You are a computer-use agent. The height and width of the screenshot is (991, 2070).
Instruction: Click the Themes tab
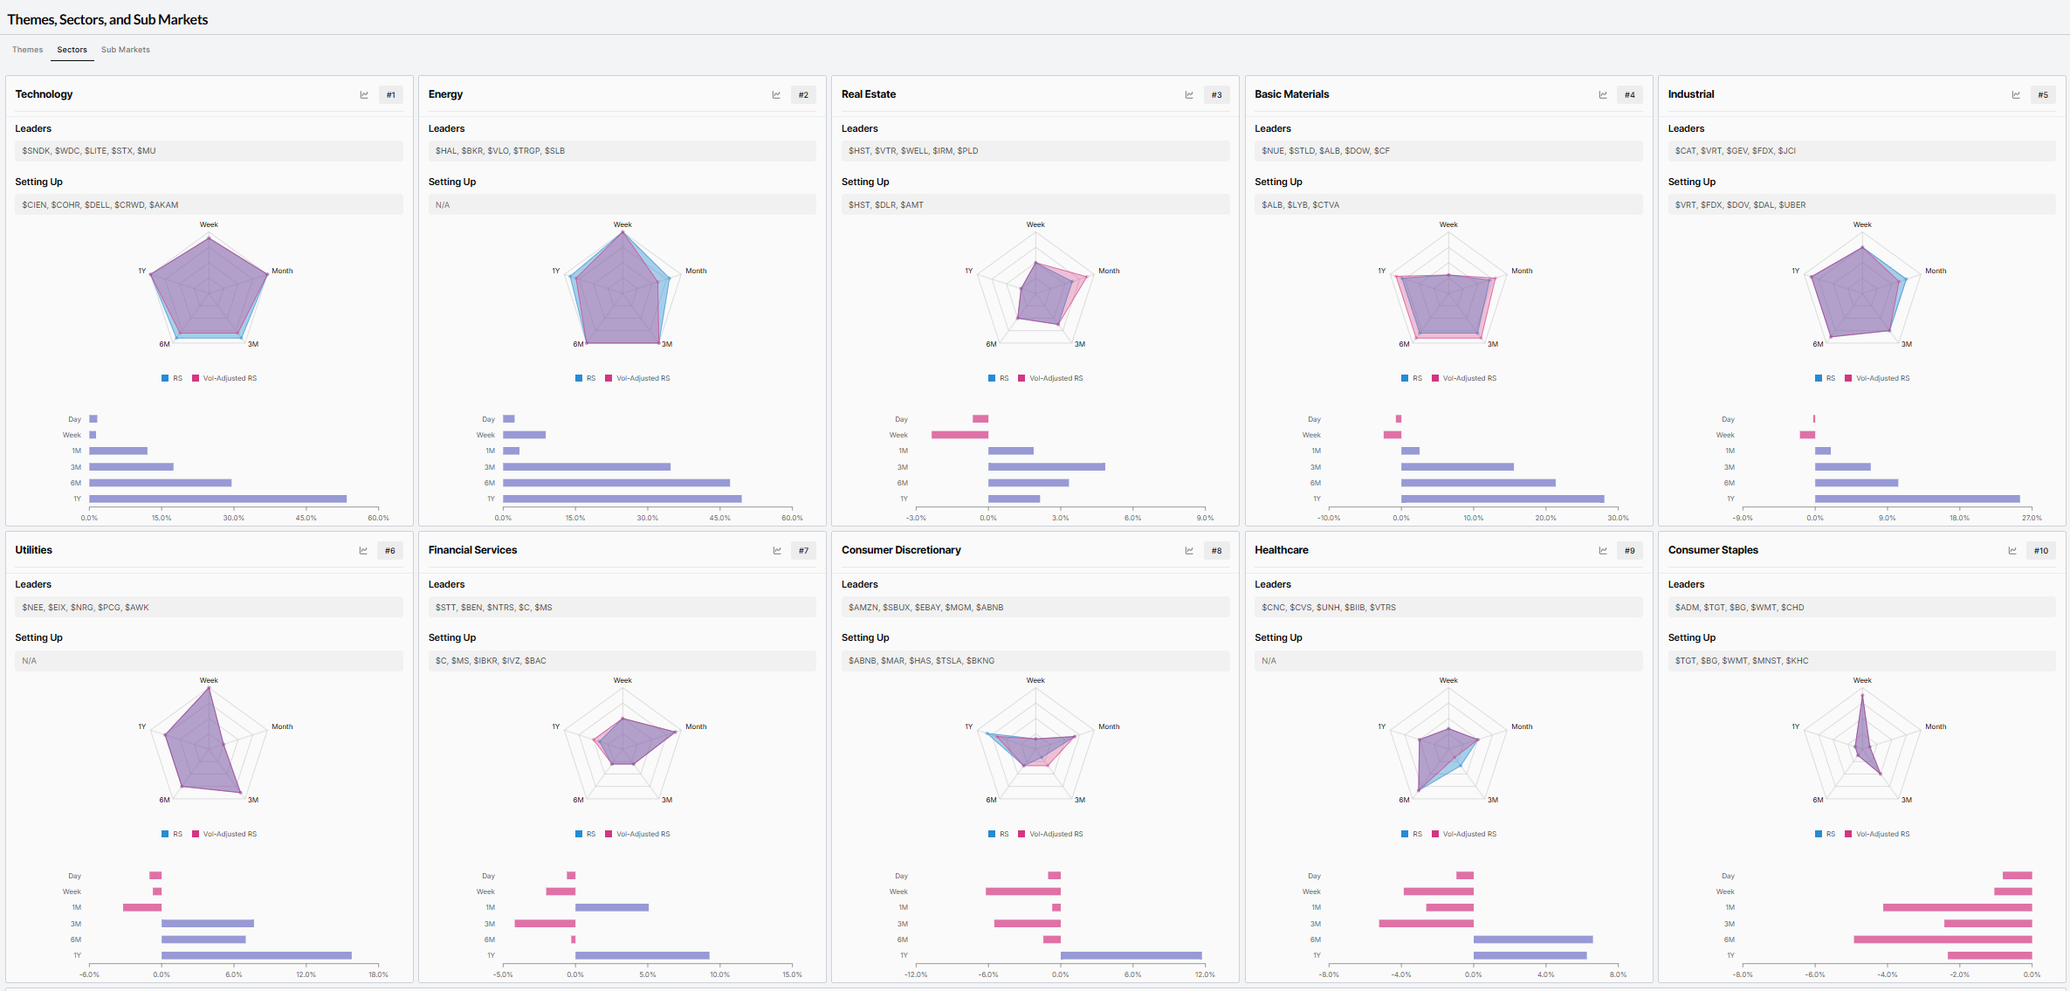tap(27, 50)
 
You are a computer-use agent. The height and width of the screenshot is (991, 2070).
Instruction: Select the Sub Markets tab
tap(126, 50)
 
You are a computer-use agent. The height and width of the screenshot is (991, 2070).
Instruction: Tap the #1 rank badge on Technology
tap(391, 95)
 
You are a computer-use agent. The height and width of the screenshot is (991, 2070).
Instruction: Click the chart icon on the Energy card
tap(776, 95)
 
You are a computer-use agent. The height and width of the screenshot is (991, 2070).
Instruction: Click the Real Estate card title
tap(869, 94)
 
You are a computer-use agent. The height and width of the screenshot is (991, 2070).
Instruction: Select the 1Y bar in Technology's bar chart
tap(217, 499)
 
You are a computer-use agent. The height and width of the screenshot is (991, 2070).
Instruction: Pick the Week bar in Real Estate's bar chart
tap(959, 435)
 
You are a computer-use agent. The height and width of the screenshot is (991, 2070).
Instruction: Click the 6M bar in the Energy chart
tap(616, 483)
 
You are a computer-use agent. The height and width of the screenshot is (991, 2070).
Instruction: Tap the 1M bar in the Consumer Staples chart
tap(1957, 908)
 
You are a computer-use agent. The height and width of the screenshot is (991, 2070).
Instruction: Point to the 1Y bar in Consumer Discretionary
tap(1131, 956)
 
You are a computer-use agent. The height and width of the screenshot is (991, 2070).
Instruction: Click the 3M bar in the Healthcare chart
tap(1427, 924)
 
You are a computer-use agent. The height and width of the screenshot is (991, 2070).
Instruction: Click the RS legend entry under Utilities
tap(172, 834)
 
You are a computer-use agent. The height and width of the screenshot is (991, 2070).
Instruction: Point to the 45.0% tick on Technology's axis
tap(306, 518)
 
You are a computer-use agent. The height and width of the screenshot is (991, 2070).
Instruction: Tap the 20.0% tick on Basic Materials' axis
tap(1545, 518)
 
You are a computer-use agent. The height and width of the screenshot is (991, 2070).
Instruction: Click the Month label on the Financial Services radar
tap(696, 726)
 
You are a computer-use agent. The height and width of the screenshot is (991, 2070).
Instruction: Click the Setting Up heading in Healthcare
tap(1278, 637)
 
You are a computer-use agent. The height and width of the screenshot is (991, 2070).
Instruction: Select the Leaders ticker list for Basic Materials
tap(1325, 151)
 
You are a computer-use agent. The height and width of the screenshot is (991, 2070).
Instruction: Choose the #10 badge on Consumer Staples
tap(2041, 551)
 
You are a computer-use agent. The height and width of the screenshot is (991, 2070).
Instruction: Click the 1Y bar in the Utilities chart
tap(257, 956)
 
